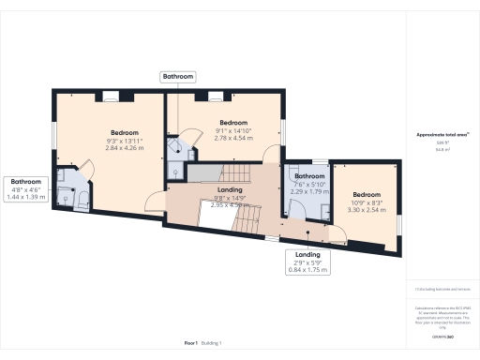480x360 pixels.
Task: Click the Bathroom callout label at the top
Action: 178,76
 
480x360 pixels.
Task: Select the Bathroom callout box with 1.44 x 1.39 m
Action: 26,187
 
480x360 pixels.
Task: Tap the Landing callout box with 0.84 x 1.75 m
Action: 307,260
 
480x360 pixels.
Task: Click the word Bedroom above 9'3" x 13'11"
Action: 125,132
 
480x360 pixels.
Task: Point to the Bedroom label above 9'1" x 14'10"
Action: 233,123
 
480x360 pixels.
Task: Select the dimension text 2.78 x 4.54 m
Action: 233,139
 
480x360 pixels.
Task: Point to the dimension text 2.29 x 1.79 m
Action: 309,191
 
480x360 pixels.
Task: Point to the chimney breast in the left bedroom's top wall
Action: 110,94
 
